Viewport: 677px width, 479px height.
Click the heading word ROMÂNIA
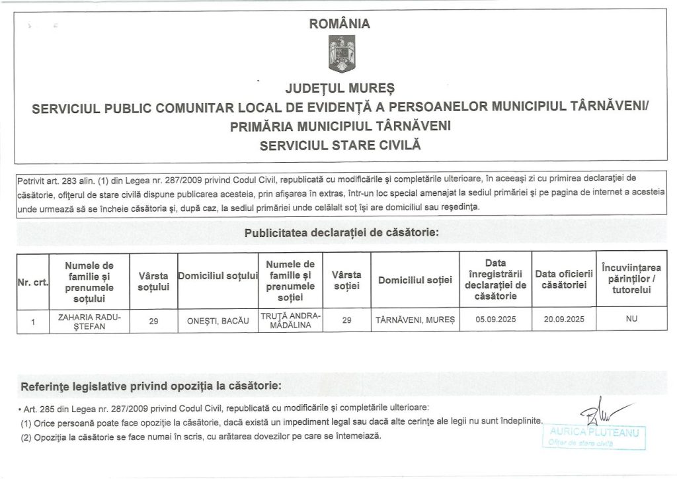point(340,24)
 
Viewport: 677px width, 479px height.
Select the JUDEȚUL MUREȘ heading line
point(339,88)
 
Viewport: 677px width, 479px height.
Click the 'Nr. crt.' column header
point(31,283)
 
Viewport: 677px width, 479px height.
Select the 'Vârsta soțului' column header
point(153,281)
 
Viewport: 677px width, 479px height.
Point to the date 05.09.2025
point(495,320)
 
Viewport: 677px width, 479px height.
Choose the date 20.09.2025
point(561,320)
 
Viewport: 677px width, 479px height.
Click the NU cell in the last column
point(631,320)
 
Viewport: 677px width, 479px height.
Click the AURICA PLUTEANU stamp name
point(592,433)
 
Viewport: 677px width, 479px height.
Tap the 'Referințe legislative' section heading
point(151,386)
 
